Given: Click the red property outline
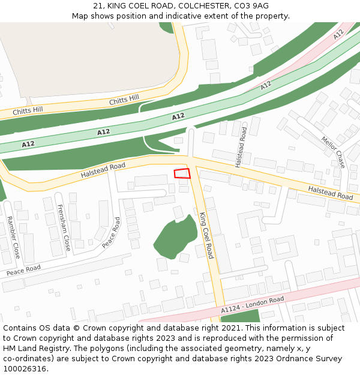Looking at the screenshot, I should pyautogui.click(x=182, y=173).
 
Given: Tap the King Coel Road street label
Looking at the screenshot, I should pyautogui.click(x=206, y=235).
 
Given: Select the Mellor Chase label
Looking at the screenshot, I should pyautogui.click(x=333, y=151).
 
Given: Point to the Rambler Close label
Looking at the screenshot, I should pyautogui.click(x=12, y=238).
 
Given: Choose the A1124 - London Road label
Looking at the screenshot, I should pyautogui.click(x=252, y=305).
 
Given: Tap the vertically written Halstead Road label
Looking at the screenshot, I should pyautogui.click(x=241, y=147).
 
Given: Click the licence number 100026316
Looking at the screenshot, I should pyautogui.click(x=25, y=369).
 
